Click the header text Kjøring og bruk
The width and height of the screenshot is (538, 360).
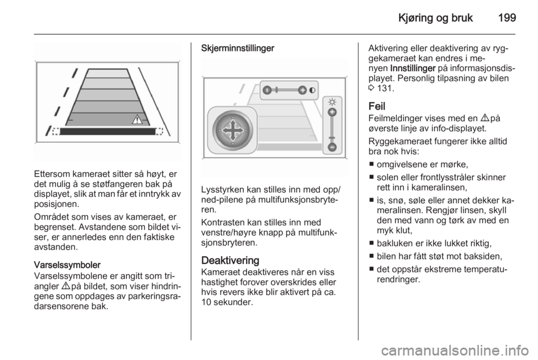[x=435, y=18]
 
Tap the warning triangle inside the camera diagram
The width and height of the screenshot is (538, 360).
[x=137, y=119]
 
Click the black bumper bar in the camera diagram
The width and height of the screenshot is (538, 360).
[x=108, y=131]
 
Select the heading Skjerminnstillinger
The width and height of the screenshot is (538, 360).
[x=238, y=48]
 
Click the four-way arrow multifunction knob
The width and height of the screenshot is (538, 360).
[x=232, y=131]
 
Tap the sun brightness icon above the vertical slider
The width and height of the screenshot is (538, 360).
[x=332, y=102]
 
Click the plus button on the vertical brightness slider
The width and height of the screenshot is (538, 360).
[x=332, y=112]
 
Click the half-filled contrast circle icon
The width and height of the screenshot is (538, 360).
[x=312, y=90]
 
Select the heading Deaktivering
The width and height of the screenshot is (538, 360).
[x=230, y=260]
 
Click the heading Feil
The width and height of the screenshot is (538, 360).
[x=377, y=105]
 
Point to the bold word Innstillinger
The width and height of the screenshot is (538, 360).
[x=413, y=68]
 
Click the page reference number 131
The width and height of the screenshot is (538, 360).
[x=384, y=88]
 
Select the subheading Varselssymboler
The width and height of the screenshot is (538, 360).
[x=67, y=265]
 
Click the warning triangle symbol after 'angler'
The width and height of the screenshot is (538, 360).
[x=63, y=286]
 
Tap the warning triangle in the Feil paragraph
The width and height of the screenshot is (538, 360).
[x=484, y=118]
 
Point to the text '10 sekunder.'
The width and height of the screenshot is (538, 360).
[x=227, y=302]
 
